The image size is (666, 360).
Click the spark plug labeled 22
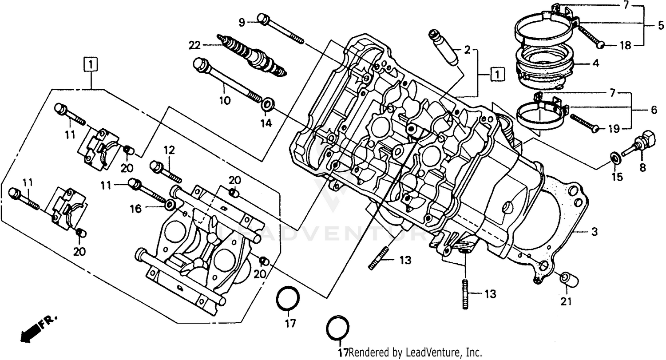[x=251, y=55]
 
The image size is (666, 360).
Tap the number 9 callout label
[x=242, y=22]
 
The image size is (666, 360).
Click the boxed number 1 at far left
[x=91, y=65]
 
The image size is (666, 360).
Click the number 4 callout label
[x=595, y=63]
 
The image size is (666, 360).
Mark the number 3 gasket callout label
[x=594, y=232]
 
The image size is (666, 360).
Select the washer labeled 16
[x=170, y=205]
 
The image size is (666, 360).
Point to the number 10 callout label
[x=225, y=101]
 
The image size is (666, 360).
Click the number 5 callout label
[x=661, y=26]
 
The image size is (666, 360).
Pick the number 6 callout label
[x=654, y=111]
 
